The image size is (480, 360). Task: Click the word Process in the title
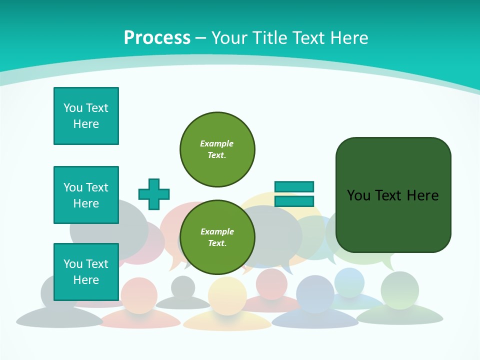click(157, 37)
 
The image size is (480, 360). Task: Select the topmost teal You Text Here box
click(86, 116)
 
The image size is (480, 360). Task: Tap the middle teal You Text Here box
click(86, 195)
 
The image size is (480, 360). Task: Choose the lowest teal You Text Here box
click(86, 272)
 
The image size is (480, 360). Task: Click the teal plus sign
click(154, 194)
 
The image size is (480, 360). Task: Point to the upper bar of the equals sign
click(294, 186)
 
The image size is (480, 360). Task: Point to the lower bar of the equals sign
click(294, 201)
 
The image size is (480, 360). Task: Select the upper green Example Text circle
click(217, 149)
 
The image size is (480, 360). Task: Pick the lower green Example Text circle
click(217, 237)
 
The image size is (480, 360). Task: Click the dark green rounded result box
click(393, 225)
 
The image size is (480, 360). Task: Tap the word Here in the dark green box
click(422, 195)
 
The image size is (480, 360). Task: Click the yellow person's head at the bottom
click(227, 296)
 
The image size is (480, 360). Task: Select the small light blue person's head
click(349, 281)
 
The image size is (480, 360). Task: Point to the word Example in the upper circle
click(216, 143)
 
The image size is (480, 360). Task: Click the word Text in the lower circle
click(216, 243)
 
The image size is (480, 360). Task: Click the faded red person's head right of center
click(271, 283)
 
